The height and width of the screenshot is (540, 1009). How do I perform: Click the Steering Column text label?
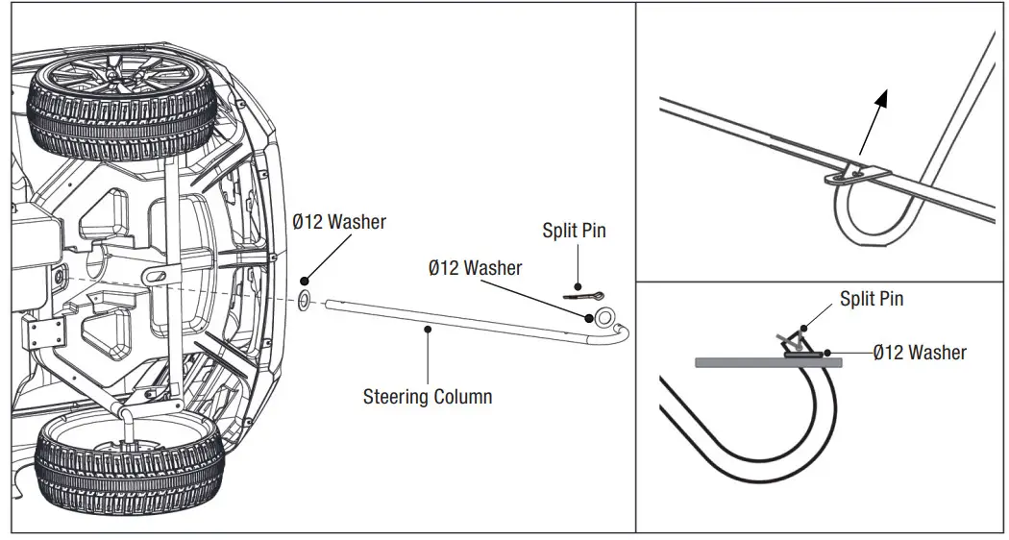pos(427,395)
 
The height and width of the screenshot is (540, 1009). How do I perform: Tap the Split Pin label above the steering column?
pos(574,231)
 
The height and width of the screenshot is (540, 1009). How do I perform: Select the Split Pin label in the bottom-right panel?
pos(871,299)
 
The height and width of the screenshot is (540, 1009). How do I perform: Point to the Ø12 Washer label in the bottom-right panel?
pos(920,353)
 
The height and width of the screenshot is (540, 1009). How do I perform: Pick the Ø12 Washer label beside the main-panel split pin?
pos(475,268)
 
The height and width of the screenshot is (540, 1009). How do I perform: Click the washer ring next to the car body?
pos(305,300)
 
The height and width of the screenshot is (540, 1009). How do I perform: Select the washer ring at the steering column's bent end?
pos(605,317)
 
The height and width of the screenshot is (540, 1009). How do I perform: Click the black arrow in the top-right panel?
pos(874,121)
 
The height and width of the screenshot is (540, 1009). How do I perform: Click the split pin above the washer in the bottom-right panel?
pos(794,338)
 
